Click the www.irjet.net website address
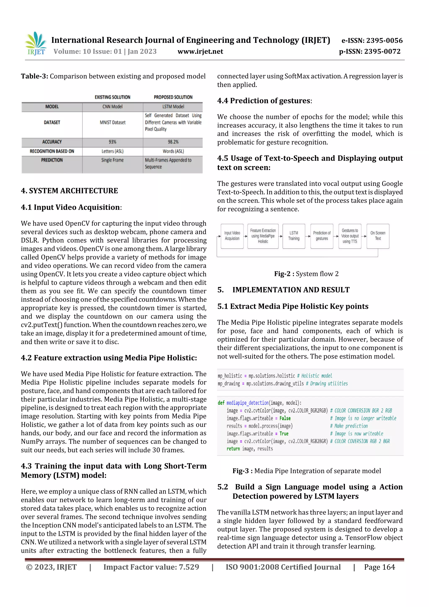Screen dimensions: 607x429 pyautogui.click(x=200, y=52)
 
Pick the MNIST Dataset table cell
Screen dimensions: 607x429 pyautogui.click(x=113, y=122)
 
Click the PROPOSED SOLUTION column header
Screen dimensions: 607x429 pyautogui.click(x=173, y=97)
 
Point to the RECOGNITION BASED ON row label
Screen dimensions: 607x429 pyautogui.click(x=52, y=151)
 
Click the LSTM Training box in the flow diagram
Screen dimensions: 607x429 pyautogui.click(x=294, y=236)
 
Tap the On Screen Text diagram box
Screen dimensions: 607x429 pyautogui.click(x=378, y=236)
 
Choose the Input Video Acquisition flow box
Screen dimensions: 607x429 pyautogui.click(x=232, y=236)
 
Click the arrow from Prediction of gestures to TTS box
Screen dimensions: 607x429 pyautogui.click(x=336, y=236)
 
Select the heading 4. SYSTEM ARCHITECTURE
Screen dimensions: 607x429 pyautogui.click(x=70, y=191)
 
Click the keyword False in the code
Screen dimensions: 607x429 pyautogui.click(x=285, y=418)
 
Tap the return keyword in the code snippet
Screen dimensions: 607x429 pyautogui.click(x=233, y=449)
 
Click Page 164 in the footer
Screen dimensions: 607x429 pyautogui.click(x=379, y=567)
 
